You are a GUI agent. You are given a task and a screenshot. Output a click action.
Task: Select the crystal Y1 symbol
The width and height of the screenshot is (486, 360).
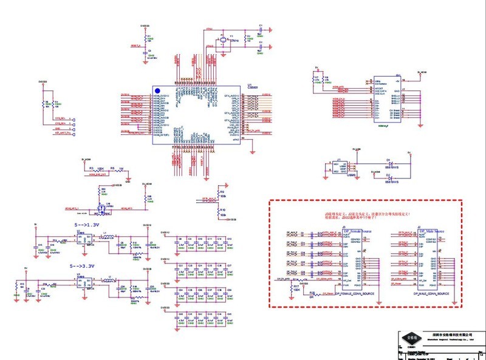[223, 42]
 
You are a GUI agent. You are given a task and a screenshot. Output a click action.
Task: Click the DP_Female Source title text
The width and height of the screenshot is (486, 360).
[356, 231]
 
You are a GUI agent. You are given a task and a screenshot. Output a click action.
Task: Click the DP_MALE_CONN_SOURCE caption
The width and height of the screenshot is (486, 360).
[431, 293]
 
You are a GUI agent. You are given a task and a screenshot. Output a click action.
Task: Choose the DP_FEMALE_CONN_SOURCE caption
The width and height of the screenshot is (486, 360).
[354, 293]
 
